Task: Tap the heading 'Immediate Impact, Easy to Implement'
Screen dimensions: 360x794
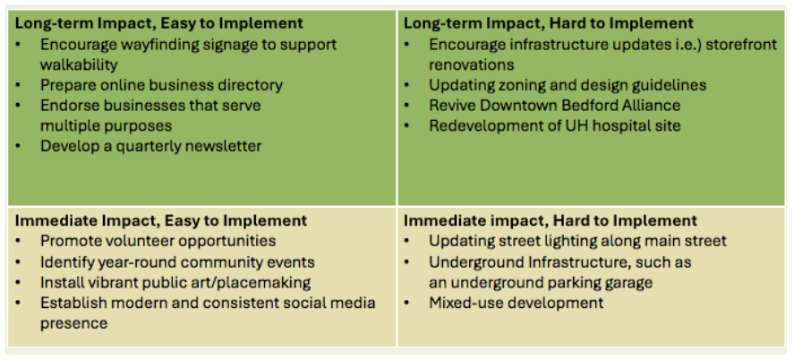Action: pos(161,220)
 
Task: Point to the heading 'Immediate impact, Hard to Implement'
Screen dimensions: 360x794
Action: pos(551,220)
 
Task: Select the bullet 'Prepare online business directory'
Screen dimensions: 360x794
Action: pos(161,86)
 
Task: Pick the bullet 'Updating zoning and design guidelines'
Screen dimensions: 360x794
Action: pos(568,86)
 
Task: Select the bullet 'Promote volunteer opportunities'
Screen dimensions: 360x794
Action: pos(158,241)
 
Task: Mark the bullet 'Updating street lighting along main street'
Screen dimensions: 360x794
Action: pos(577,241)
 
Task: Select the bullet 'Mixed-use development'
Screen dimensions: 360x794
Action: pos(516,303)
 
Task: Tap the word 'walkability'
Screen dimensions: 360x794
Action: pos(79,65)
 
